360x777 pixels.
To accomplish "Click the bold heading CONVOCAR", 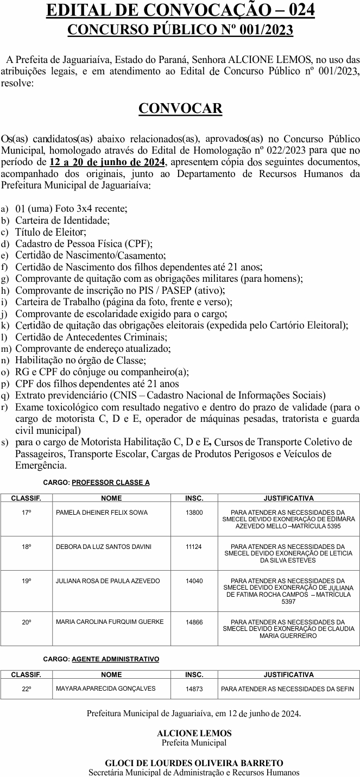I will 180,109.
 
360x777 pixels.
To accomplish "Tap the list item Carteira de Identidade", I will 62,220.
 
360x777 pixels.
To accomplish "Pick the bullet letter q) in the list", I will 5,395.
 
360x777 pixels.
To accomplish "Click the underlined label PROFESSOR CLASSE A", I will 111,482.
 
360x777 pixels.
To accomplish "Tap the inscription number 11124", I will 194,547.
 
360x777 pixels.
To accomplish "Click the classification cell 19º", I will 27,581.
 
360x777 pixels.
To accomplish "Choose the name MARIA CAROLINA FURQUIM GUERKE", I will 110,622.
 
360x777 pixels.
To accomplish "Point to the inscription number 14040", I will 194,581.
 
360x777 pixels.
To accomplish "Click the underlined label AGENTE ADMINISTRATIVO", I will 116,659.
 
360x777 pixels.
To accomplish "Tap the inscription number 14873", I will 194,689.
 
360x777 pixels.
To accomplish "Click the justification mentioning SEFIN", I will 287,689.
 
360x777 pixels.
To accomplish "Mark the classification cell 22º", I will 27,689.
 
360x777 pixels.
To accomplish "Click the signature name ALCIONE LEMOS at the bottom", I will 194,733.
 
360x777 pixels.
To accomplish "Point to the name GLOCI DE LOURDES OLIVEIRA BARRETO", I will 194,763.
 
